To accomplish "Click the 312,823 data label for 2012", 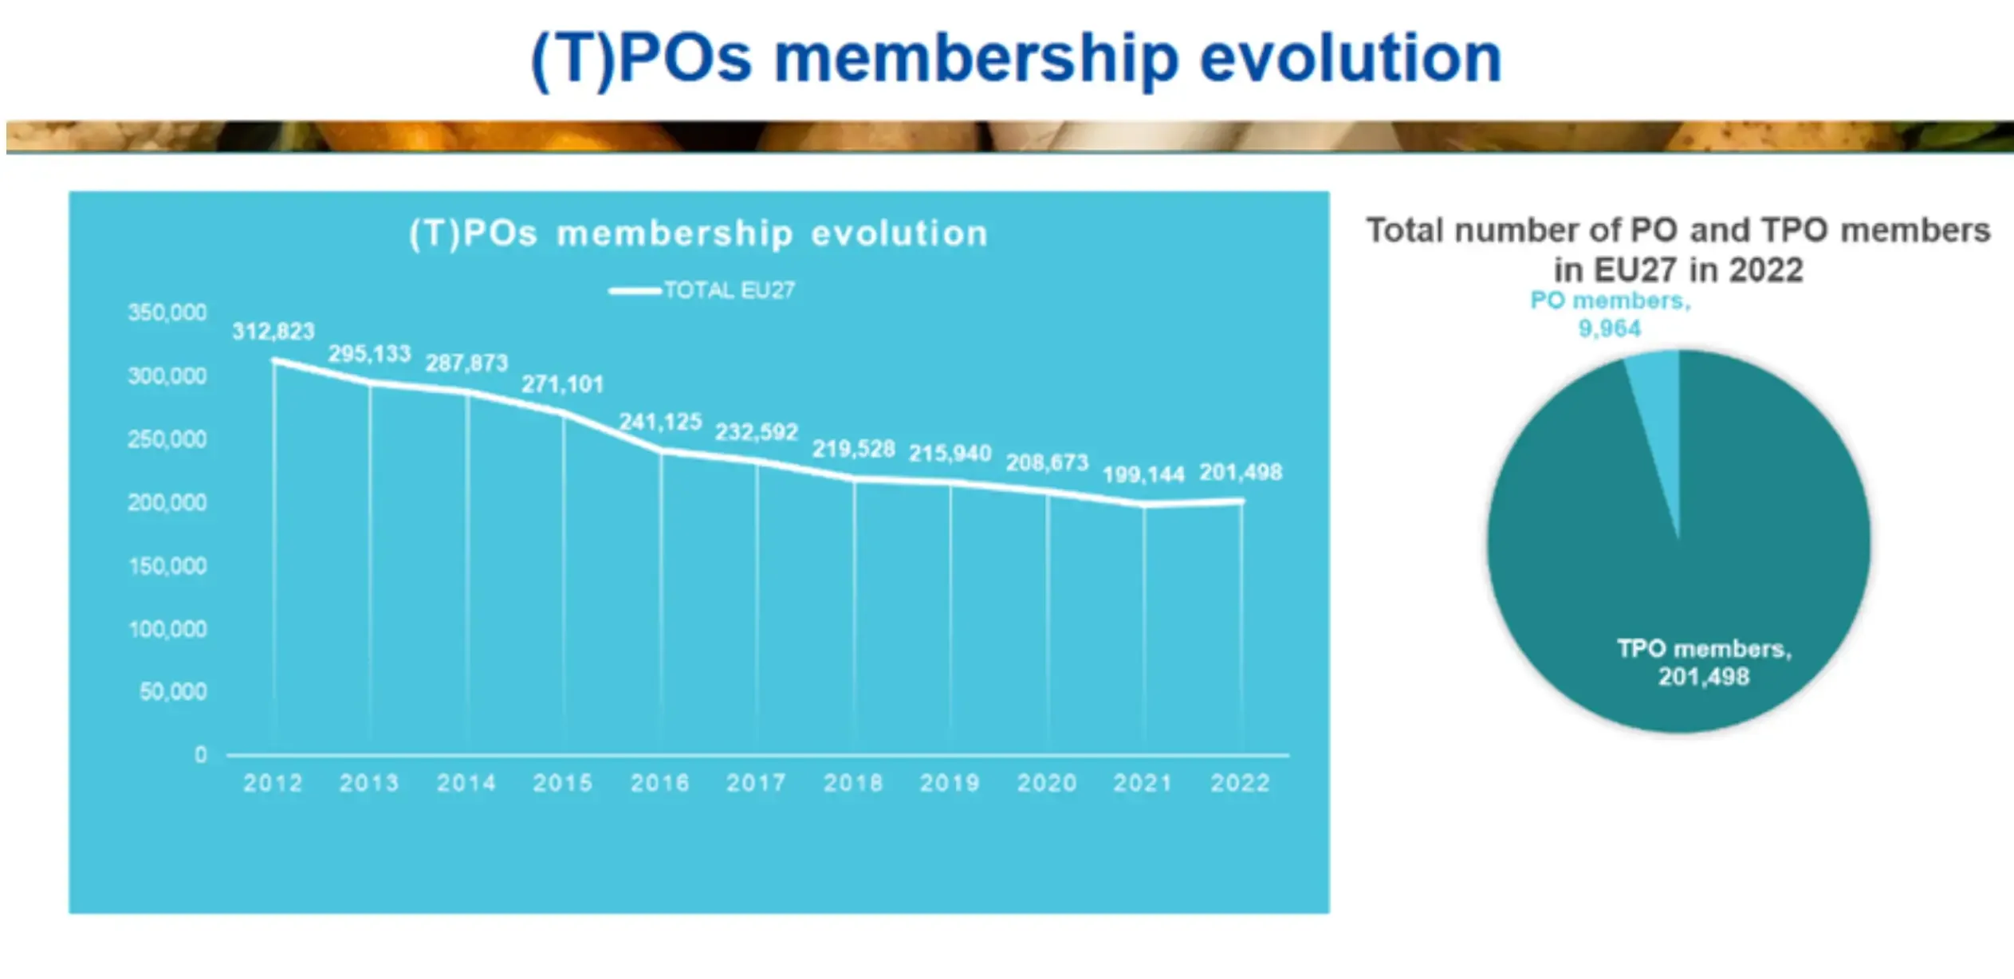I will coord(273,331).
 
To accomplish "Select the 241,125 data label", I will coord(661,422).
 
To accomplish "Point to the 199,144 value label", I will coord(1143,475).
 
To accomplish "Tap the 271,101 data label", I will coord(563,384).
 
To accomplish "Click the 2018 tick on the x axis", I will coord(853,783).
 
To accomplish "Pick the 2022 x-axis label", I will coord(1240,783).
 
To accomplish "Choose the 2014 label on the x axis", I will coord(466,783).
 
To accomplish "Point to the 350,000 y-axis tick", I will coord(167,313).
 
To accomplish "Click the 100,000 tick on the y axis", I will coord(167,629).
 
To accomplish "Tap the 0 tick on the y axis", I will coord(200,754).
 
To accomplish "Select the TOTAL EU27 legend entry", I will coord(702,290).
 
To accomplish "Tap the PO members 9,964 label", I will coord(1610,314).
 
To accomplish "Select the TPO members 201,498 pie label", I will coord(1704,662).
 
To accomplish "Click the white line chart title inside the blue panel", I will coord(698,234).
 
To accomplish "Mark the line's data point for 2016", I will coord(661,451).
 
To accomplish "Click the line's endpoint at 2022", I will coord(1241,501).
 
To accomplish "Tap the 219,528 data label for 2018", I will coord(853,449).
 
